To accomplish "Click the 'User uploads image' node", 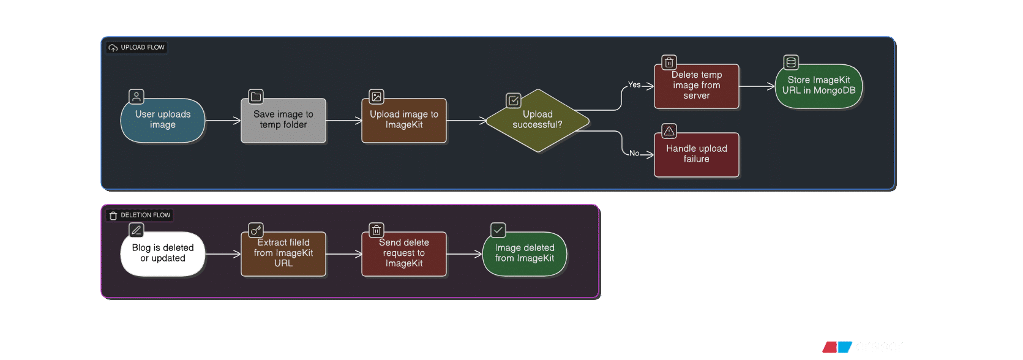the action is click(163, 121).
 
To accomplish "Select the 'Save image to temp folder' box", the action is click(283, 121).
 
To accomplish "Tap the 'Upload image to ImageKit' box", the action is click(403, 121).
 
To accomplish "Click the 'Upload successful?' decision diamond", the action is click(538, 121).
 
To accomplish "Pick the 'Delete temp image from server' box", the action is click(697, 86).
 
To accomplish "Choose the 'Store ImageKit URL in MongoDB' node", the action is click(819, 86).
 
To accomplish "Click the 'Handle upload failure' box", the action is click(697, 154).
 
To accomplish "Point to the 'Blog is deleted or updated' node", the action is click(163, 253).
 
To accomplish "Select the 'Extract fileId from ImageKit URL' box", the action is click(283, 253).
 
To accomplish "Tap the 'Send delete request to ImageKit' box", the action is click(403, 253).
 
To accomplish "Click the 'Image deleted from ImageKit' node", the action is click(524, 253).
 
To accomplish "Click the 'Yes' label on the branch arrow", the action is click(634, 84).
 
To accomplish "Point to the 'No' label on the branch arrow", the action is click(634, 153).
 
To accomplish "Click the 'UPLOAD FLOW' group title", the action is click(143, 47).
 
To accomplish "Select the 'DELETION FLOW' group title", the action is click(145, 215).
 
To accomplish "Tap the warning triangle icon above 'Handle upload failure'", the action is click(669, 131).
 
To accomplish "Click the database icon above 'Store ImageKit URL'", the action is click(791, 62).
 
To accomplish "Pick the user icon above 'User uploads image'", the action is click(136, 96).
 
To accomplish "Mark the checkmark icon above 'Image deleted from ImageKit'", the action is click(498, 230).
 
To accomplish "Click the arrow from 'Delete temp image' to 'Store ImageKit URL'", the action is click(757, 86).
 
